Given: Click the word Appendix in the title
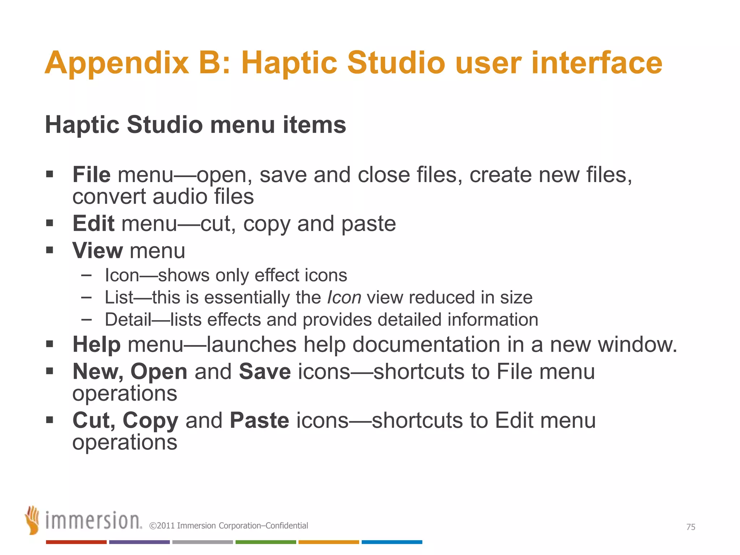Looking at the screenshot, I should [x=117, y=63].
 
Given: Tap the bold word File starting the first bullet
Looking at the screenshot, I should [x=91, y=175].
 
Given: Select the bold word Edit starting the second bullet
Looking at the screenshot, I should [x=93, y=224].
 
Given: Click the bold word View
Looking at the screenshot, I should [x=98, y=251].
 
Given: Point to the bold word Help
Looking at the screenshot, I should [x=96, y=344].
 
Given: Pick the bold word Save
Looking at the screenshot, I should [x=265, y=371].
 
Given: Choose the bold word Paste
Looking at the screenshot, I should [x=259, y=420].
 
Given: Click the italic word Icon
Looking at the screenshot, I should [x=344, y=298].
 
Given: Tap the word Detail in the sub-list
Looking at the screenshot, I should [x=128, y=320].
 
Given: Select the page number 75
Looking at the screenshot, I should [x=690, y=527].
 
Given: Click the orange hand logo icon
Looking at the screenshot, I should [x=33, y=520].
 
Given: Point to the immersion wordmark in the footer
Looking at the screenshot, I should [x=93, y=521].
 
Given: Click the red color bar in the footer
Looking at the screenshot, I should [x=76, y=542].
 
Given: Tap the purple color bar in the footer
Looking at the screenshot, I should [x=139, y=542].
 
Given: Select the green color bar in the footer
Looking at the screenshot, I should [x=266, y=542].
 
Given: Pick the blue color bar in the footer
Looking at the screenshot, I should [x=392, y=542].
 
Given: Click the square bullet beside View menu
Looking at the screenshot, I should [x=50, y=250].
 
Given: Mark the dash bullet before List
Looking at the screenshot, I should [x=87, y=297].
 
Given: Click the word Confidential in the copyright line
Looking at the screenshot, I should [x=287, y=526].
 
